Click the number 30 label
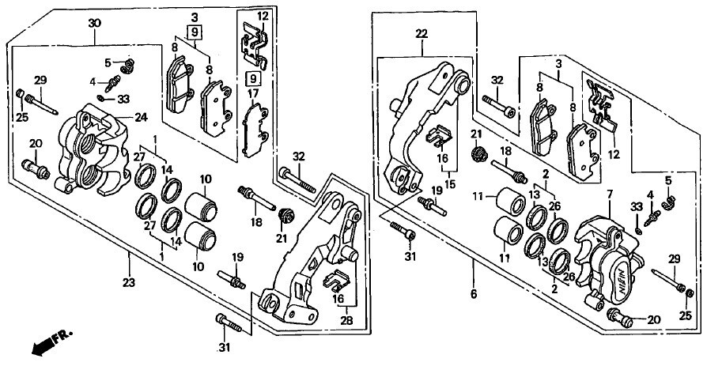pos(95,24)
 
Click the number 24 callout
pos(141,118)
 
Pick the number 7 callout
pos(610,194)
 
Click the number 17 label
pos(254,93)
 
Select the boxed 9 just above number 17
pos(253,78)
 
